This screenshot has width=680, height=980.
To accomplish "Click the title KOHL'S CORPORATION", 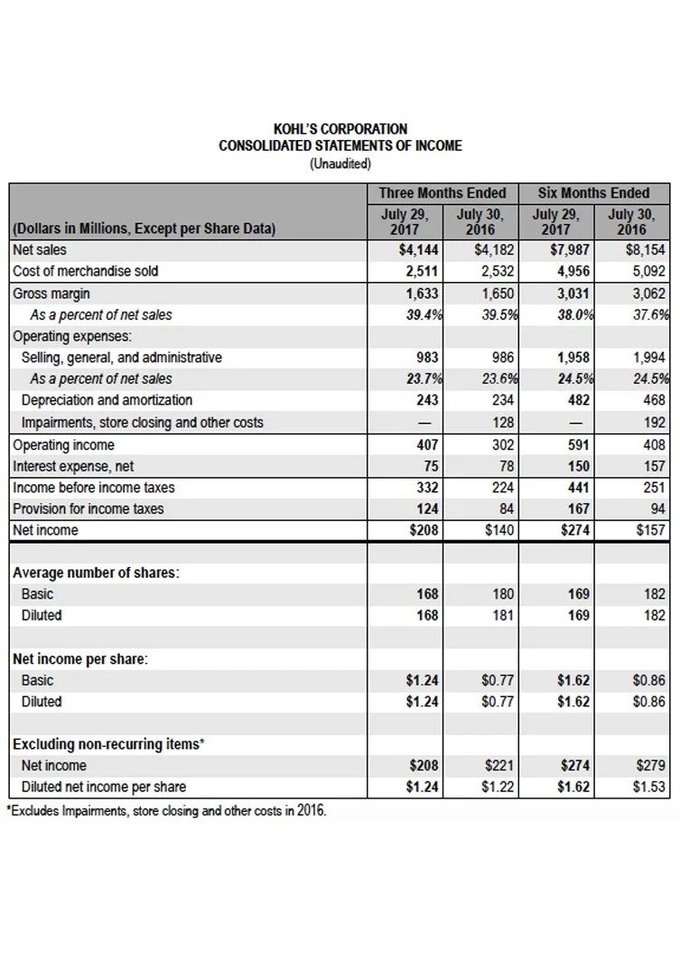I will point(340,129).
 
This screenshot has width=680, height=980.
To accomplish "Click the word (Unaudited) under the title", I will point(340,163).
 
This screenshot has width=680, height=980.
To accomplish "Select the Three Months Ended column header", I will point(442,192).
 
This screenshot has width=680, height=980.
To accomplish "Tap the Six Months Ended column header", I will point(593,192).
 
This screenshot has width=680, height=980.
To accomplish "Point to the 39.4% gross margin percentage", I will point(422,314).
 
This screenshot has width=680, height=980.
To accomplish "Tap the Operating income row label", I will point(63,444).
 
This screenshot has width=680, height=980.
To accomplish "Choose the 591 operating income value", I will point(578,444).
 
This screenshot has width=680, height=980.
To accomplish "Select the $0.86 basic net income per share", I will point(648,680).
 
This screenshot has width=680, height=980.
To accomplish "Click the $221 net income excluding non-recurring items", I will point(499,765).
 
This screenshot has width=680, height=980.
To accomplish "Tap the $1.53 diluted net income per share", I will point(648,787).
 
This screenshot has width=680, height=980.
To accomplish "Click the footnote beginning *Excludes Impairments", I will point(166,810).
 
